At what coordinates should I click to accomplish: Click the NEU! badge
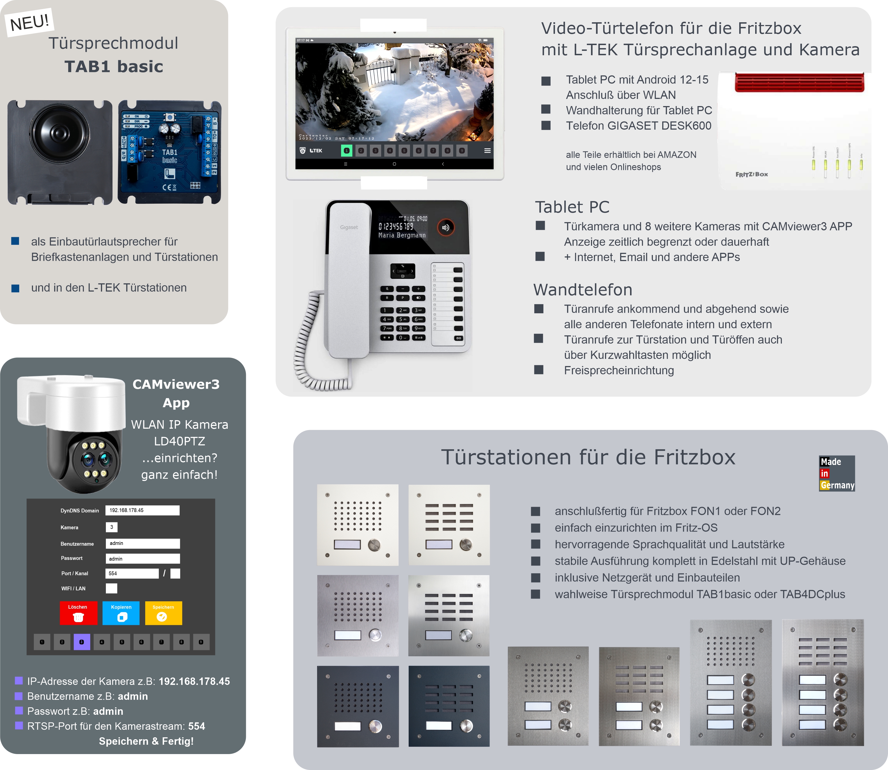[29, 22]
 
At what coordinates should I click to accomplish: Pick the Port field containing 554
[132, 573]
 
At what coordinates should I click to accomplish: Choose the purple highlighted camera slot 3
[82, 642]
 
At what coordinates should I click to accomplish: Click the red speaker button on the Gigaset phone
[446, 227]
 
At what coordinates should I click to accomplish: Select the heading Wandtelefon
[583, 290]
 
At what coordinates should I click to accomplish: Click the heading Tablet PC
[572, 207]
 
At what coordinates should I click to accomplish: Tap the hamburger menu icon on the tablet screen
[487, 151]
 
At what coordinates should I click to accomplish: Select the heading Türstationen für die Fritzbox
[588, 457]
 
